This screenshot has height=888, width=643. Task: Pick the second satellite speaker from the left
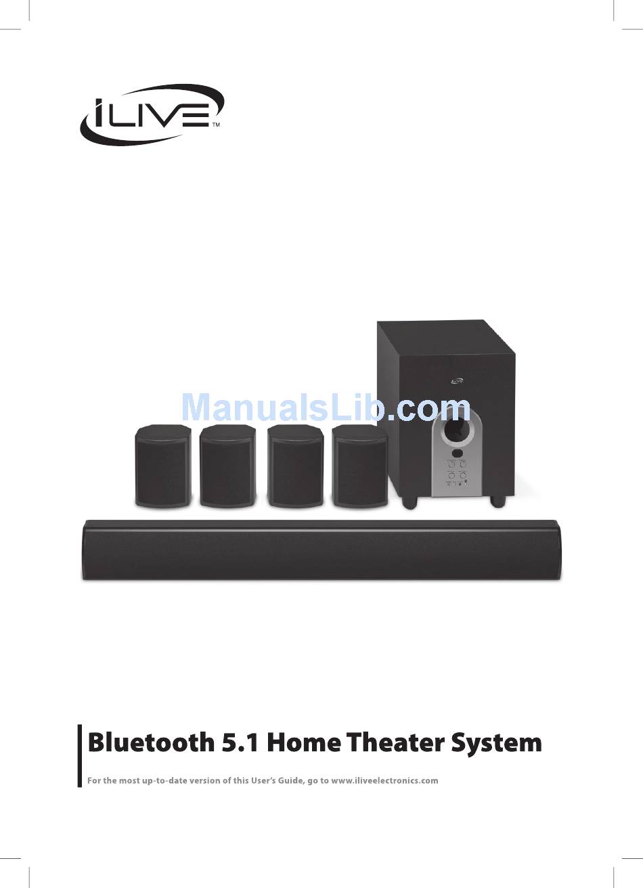click(x=227, y=466)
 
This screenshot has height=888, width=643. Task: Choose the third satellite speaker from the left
click(x=295, y=466)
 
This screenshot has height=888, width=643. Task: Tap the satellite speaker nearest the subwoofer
click(x=359, y=466)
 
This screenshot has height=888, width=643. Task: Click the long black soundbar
click(x=321, y=550)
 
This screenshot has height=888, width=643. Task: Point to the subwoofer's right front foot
click(x=497, y=502)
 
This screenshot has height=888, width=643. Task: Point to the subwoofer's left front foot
click(x=408, y=503)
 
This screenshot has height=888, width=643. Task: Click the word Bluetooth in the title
click(x=150, y=742)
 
